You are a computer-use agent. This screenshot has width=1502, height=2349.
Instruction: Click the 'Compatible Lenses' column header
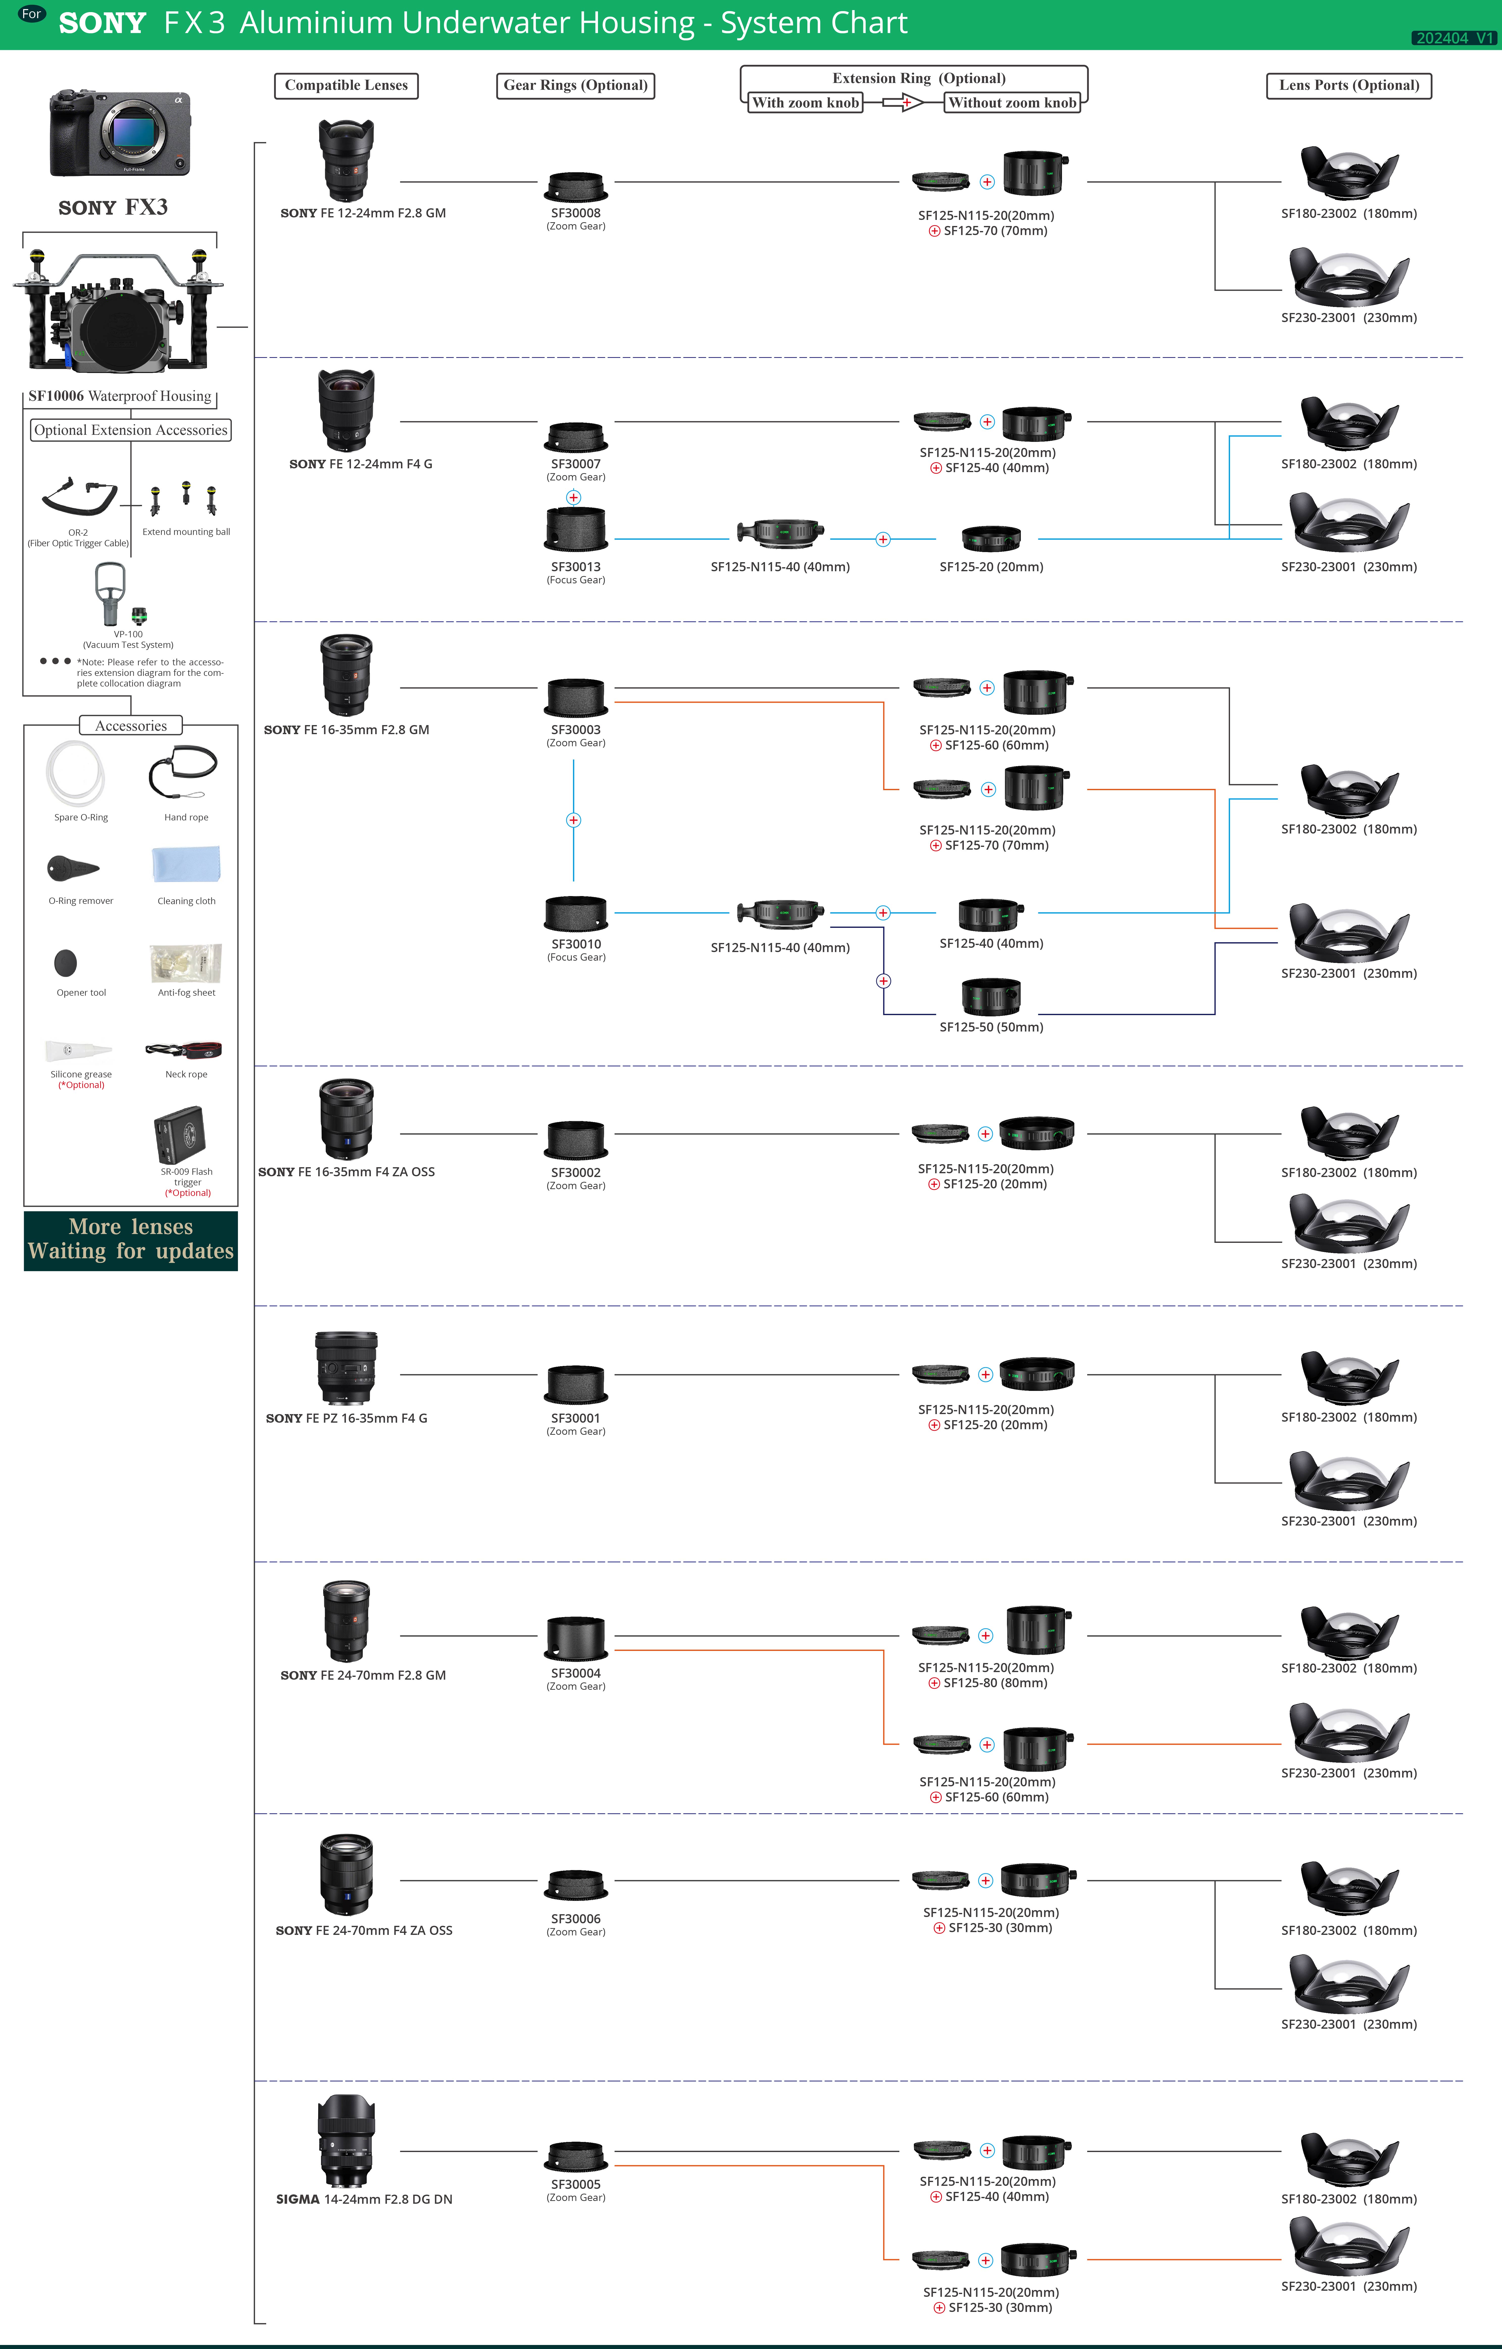tap(346, 86)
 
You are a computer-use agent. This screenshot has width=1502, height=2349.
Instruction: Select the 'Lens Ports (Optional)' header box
tap(1349, 86)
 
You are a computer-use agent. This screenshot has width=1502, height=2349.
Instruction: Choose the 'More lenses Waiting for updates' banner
tap(131, 1240)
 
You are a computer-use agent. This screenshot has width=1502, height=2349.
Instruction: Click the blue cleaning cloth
tap(186, 864)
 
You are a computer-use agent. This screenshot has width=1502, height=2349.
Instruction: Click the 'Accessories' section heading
tap(131, 726)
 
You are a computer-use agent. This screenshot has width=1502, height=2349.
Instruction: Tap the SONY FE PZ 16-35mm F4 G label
tap(346, 1418)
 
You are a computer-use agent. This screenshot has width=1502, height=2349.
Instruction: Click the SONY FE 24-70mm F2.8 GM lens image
tap(346, 1620)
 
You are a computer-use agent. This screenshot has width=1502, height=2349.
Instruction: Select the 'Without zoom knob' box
tap(1012, 102)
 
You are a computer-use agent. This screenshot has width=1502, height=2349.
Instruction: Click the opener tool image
tap(65, 963)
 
